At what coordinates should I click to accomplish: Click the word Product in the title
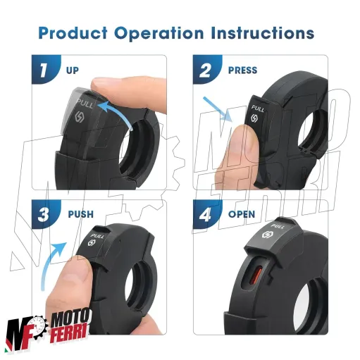[x=73, y=33]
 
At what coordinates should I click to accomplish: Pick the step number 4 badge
[x=206, y=214]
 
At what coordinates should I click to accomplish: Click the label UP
[x=73, y=70]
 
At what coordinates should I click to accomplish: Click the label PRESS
[x=242, y=70]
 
